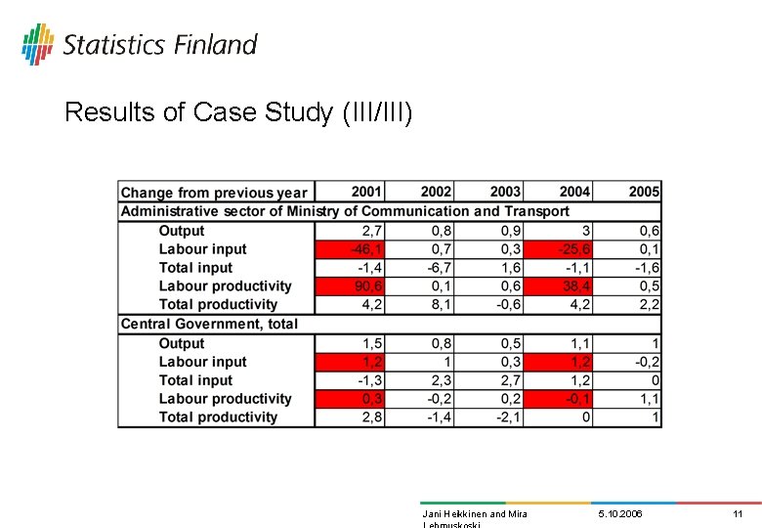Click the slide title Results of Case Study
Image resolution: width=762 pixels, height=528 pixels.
(238, 112)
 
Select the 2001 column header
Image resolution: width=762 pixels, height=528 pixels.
(366, 192)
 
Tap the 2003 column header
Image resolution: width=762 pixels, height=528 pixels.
(505, 192)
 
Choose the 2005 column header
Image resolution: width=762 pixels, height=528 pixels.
(644, 192)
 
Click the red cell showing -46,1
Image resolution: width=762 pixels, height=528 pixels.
(351, 249)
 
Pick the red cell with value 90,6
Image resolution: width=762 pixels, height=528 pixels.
(351, 286)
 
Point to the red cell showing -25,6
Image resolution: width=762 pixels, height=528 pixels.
(558, 249)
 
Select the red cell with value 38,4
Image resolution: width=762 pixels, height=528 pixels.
(558, 286)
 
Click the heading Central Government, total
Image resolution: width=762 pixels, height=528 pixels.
(209, 324)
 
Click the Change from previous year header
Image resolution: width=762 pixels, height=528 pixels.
(214, 193)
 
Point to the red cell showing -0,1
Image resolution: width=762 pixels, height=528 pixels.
(558, 399)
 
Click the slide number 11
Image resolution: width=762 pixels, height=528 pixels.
(738, 513)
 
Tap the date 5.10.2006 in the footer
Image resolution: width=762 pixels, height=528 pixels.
(620, 513)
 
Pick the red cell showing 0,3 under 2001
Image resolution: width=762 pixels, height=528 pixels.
(351, 399)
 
